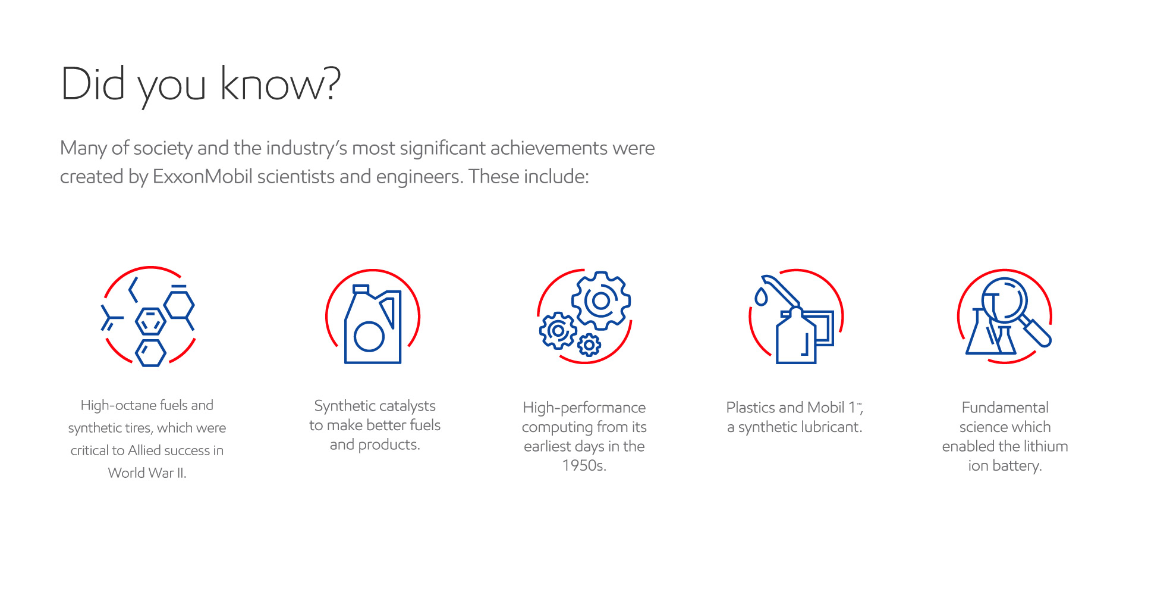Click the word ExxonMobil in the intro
click(202, 177)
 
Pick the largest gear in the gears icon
click(601, 300)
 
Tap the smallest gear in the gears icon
click(589, 345)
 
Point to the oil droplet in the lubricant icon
click(760, 297)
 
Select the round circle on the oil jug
click(369, 337)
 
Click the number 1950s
click(584, 466)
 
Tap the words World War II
click(147, 473)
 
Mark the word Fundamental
click(1005, 408)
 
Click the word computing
click(557, 427)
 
